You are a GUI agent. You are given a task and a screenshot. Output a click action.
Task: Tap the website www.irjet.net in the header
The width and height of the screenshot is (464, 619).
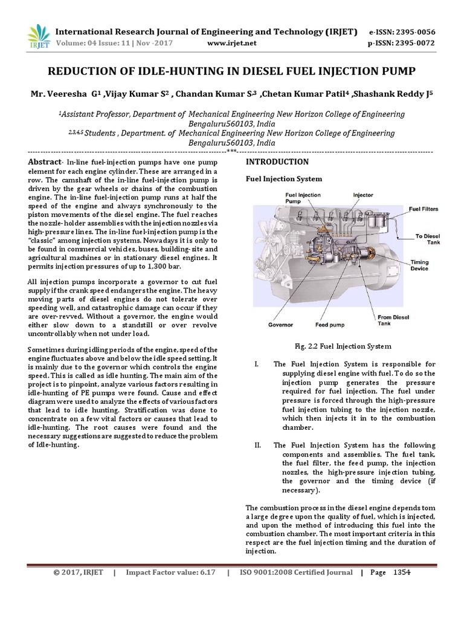coord(232,43)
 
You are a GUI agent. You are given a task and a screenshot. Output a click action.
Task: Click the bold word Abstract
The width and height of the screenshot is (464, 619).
coord(45,162)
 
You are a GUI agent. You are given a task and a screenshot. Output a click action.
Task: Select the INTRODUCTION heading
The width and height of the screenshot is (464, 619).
coord(277,162)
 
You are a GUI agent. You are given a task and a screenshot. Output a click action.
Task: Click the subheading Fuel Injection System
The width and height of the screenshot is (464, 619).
coord(283,179)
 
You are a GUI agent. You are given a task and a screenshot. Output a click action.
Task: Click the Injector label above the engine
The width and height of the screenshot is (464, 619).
coord(363,195)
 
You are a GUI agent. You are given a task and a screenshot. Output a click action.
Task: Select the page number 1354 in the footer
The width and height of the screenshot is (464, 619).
coord(402,572)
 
